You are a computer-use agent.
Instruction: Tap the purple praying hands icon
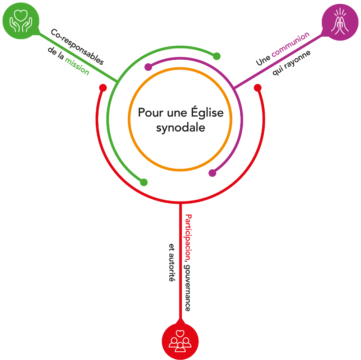[x=339, y=22]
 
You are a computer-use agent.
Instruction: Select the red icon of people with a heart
[x=180, y=341]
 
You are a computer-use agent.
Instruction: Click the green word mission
[x=77, y=66]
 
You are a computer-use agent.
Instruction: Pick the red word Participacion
[x=188, y=237]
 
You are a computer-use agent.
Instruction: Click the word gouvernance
[x=188, y=287]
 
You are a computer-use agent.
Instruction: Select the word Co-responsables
[x=77, y=47]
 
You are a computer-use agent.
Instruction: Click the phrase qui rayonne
[x=292, y=62]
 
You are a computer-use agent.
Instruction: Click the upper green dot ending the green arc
[x=216, y=56]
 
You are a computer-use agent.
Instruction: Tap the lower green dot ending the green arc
[x=144, y=182]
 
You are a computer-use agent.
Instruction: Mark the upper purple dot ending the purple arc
[x=148, y=67]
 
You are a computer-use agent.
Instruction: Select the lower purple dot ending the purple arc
[x=213, y=173]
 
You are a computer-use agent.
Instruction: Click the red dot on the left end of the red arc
[x=103, y=88]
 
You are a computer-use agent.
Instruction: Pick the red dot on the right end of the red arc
[x=257, y=88]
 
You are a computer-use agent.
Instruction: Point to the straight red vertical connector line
[x=180, y=259]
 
